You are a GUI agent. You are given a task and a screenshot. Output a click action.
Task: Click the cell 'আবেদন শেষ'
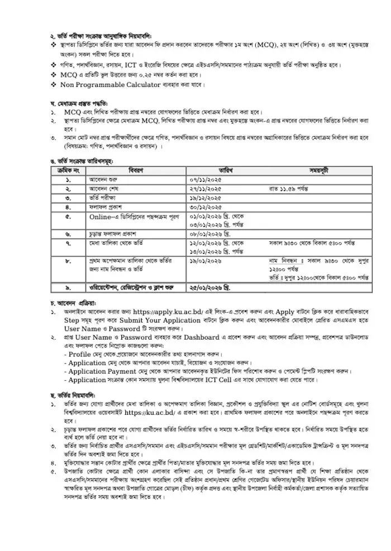click(x=102, y=189)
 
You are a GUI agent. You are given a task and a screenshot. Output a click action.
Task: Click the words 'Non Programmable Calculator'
click(x=117, y=85)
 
